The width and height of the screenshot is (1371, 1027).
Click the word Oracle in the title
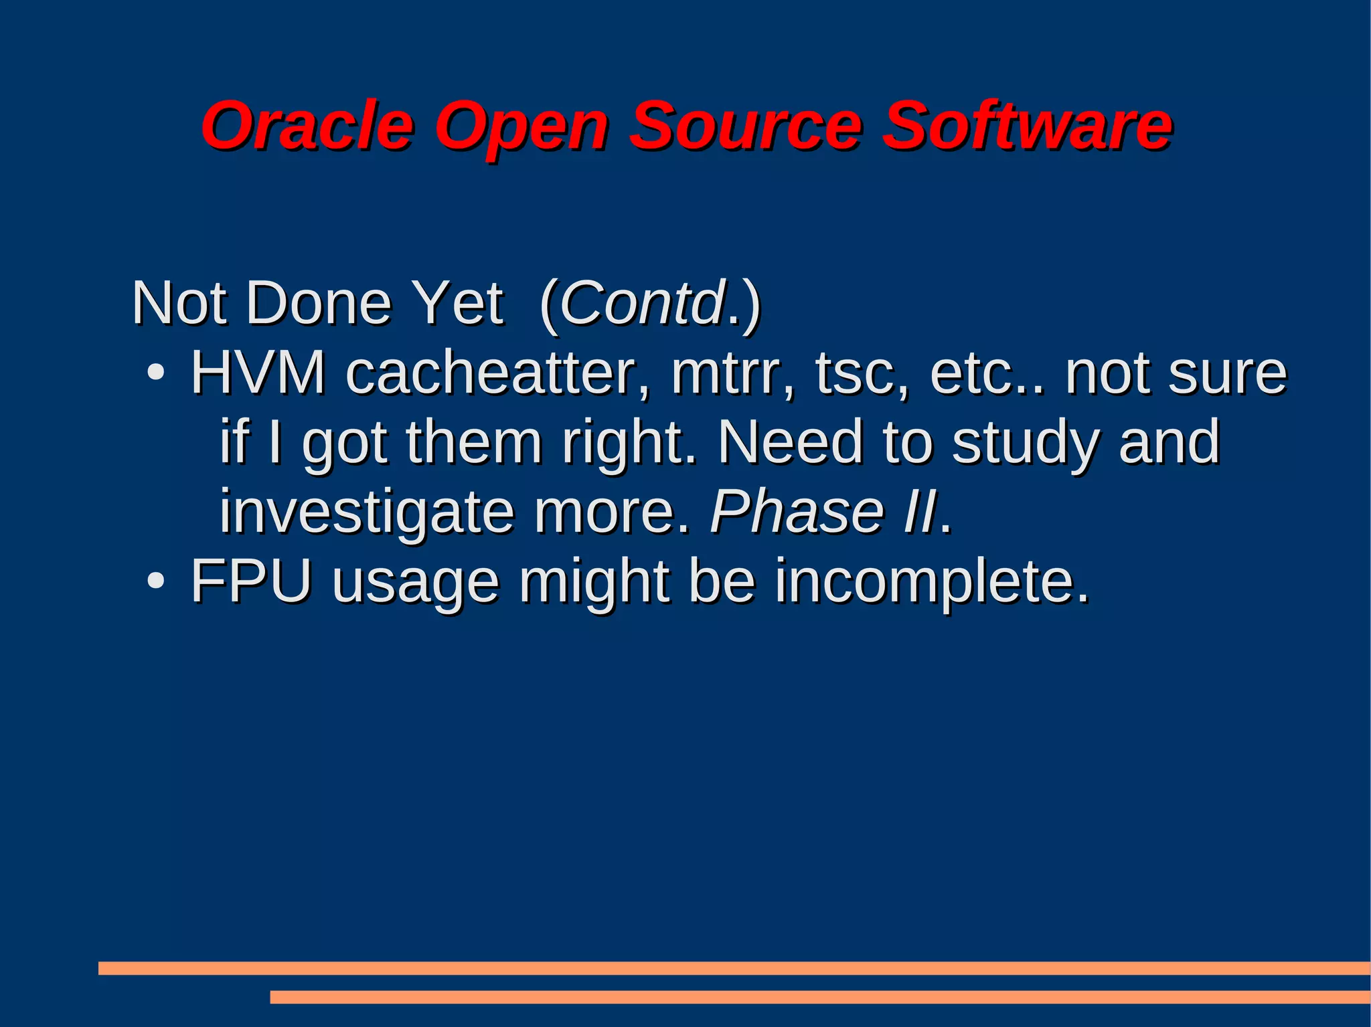(307, 126)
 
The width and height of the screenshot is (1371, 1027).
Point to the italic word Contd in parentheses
(643, 303)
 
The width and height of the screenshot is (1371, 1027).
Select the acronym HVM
(258, 373)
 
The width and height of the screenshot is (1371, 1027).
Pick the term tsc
(861, 373)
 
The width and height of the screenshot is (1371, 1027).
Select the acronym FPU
(252, 580)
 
